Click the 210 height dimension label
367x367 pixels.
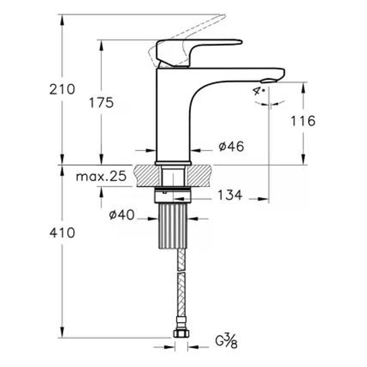click(62, 89)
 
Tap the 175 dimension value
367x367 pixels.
click(101, 103)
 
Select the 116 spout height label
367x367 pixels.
click(303, 121)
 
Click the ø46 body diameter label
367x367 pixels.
click(231, 147)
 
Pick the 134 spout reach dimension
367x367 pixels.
click(230, 195)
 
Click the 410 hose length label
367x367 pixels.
click(62, 233)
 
